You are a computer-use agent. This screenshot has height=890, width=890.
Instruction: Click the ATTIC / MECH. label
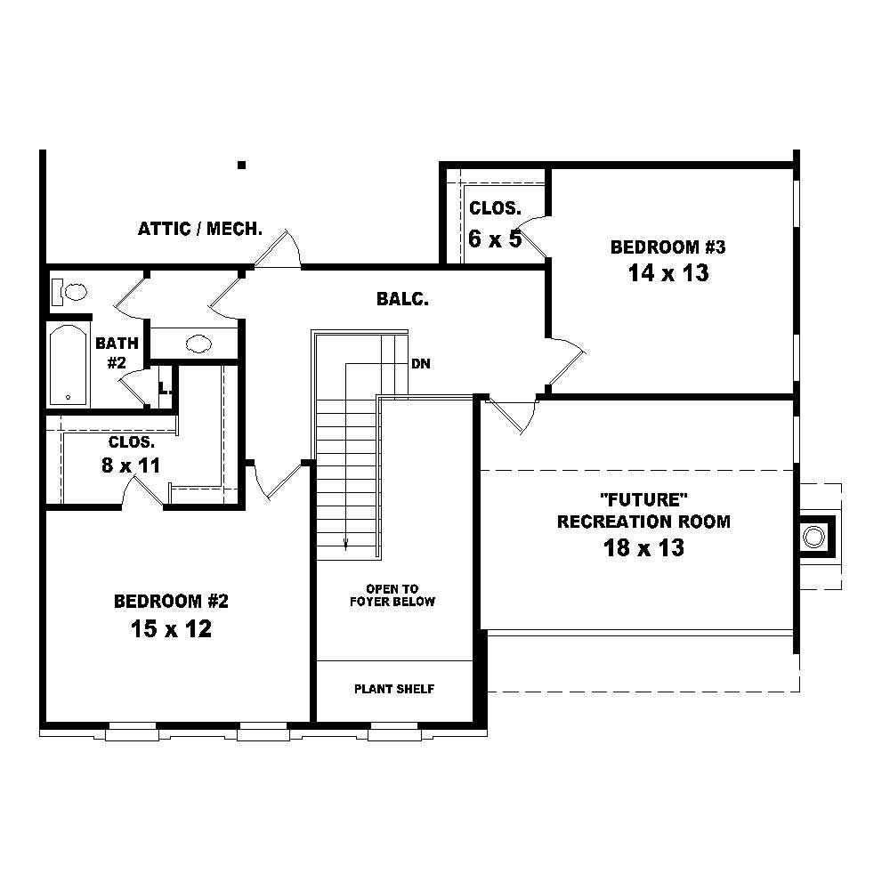[199, 229]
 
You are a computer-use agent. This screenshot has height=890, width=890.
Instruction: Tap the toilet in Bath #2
[69, 292]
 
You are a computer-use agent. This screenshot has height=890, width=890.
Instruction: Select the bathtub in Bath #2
[69, 364]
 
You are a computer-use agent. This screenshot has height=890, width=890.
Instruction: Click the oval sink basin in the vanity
[198, 344]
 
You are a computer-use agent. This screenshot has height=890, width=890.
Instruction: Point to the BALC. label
[402, 299]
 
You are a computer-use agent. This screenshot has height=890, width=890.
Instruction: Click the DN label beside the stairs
[421, 364]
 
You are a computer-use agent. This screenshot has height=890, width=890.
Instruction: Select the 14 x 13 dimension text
[668, 273]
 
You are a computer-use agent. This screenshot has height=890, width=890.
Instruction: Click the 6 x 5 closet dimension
[494, 239]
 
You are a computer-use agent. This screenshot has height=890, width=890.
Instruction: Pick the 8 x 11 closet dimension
[131, 465]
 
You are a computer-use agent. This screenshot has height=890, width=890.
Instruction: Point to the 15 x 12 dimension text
[171, 628]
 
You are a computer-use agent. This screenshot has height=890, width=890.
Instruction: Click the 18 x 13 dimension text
[643, 547]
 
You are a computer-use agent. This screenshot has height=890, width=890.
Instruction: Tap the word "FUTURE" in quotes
[643, 500]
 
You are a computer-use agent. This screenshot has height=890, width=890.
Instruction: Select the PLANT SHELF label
[394, 689]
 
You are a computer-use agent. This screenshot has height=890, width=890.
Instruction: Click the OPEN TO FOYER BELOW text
[392, 595]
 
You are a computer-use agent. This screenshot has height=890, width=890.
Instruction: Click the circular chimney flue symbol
[813, 537]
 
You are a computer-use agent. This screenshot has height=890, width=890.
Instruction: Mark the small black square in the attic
[241, 166]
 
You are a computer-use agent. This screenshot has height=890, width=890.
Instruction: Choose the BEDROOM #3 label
[668, 247]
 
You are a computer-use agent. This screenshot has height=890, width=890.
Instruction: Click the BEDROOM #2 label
[171, 601]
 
